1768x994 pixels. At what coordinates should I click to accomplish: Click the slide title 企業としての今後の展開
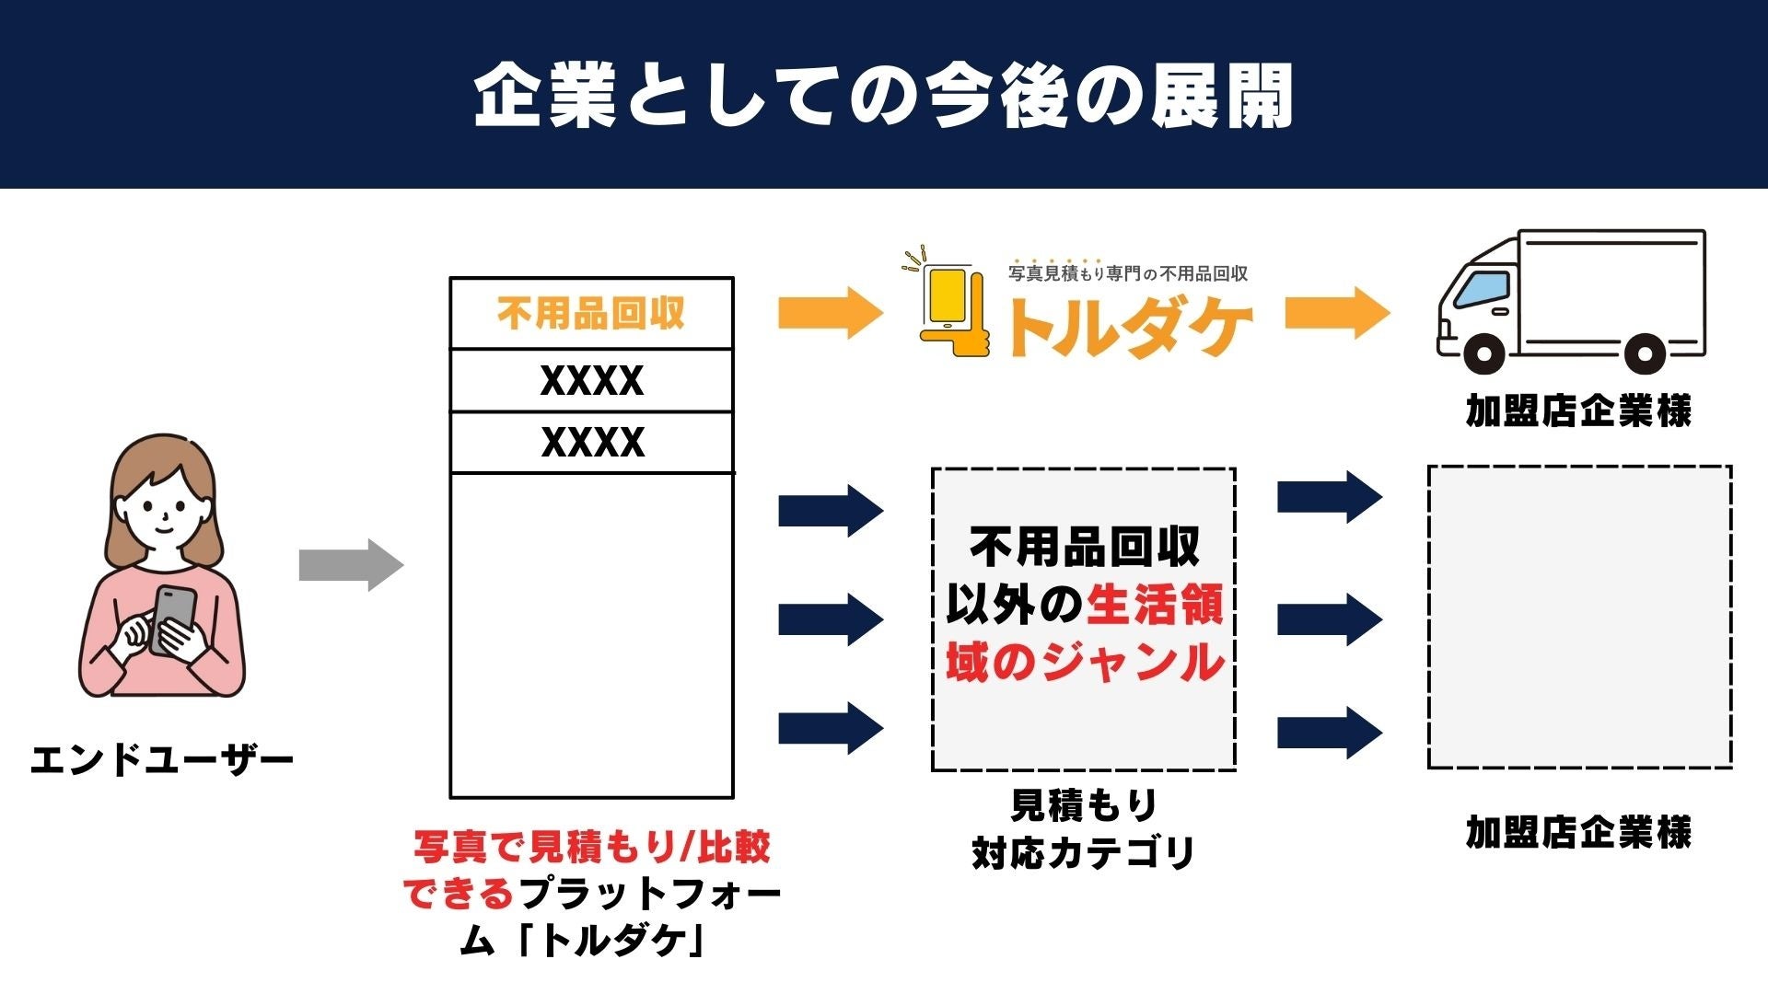(x=884, y=96)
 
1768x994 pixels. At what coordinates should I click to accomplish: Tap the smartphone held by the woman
(x=173, y=618)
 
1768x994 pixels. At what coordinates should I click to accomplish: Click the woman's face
(x=164, y=506)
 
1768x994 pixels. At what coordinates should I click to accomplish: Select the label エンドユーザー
(x=162, y=761)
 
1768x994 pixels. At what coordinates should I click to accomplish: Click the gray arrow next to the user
(x=351, y=565)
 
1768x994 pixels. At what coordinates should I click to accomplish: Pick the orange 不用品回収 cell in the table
(x=591, y=314)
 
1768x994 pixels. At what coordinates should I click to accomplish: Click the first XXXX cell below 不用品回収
(x=591, y=381)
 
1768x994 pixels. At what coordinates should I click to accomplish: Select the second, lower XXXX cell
(x=591, y=443)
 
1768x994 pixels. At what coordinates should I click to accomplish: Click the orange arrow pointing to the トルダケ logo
(x=830, y=313)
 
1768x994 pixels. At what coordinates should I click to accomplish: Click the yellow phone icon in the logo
(x=948, y=299)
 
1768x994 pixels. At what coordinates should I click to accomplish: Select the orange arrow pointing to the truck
(x=1337, y=313)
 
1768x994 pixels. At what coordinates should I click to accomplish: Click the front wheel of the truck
(x=1483, y=353)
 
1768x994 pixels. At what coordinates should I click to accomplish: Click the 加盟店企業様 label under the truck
(x=1578, y=410)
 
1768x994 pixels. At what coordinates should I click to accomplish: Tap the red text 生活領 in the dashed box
(x=1155, y=606)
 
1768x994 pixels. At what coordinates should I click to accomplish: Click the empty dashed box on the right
(x=1579, y=617)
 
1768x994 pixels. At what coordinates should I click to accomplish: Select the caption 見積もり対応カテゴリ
(x=1084, y=829)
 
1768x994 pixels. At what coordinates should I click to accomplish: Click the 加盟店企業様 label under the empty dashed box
(x=1578, y=832)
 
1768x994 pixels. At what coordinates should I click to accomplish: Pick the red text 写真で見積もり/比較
(x=592, y=847)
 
